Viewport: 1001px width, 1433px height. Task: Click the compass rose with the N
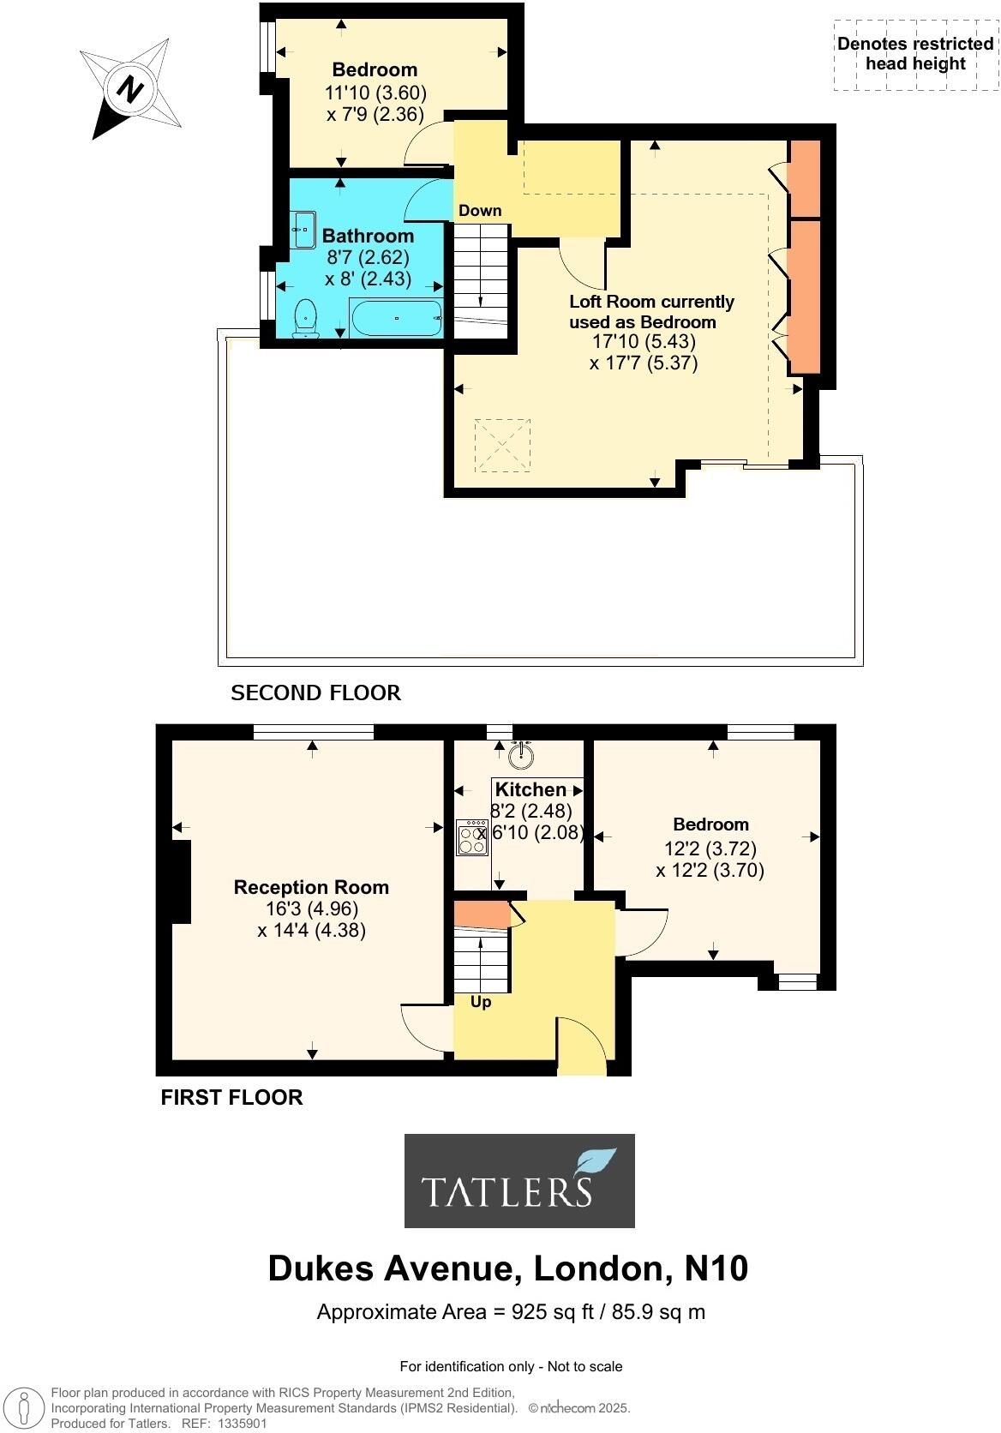[x=130, y=88]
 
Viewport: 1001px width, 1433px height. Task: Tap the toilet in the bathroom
[x=304, y=320]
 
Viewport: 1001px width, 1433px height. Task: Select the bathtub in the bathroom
[x=395, y=318]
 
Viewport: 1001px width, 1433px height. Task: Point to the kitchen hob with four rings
[x=472, y=837]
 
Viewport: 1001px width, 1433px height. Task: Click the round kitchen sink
[x=520, y=755]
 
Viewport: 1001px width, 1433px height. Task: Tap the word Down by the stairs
[x=480, y=210]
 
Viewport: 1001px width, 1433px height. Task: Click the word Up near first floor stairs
[x=481, y=1001]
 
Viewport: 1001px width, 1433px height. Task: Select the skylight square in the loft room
[x=502, y=444]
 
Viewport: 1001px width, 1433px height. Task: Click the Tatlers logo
[x=519, y=1180]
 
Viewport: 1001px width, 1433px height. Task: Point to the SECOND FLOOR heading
[x=315, y=693]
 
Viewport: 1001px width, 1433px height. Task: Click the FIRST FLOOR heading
[x=231, y=1097]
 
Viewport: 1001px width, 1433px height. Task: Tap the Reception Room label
[x=311, y=888]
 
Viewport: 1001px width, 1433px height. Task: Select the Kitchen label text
[x=531, y=789]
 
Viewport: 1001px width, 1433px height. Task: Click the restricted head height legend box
[x=914, y=55]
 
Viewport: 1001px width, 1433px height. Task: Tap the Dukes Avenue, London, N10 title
[x=507, y=1268]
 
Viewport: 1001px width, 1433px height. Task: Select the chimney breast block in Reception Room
[x=180, y=881]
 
